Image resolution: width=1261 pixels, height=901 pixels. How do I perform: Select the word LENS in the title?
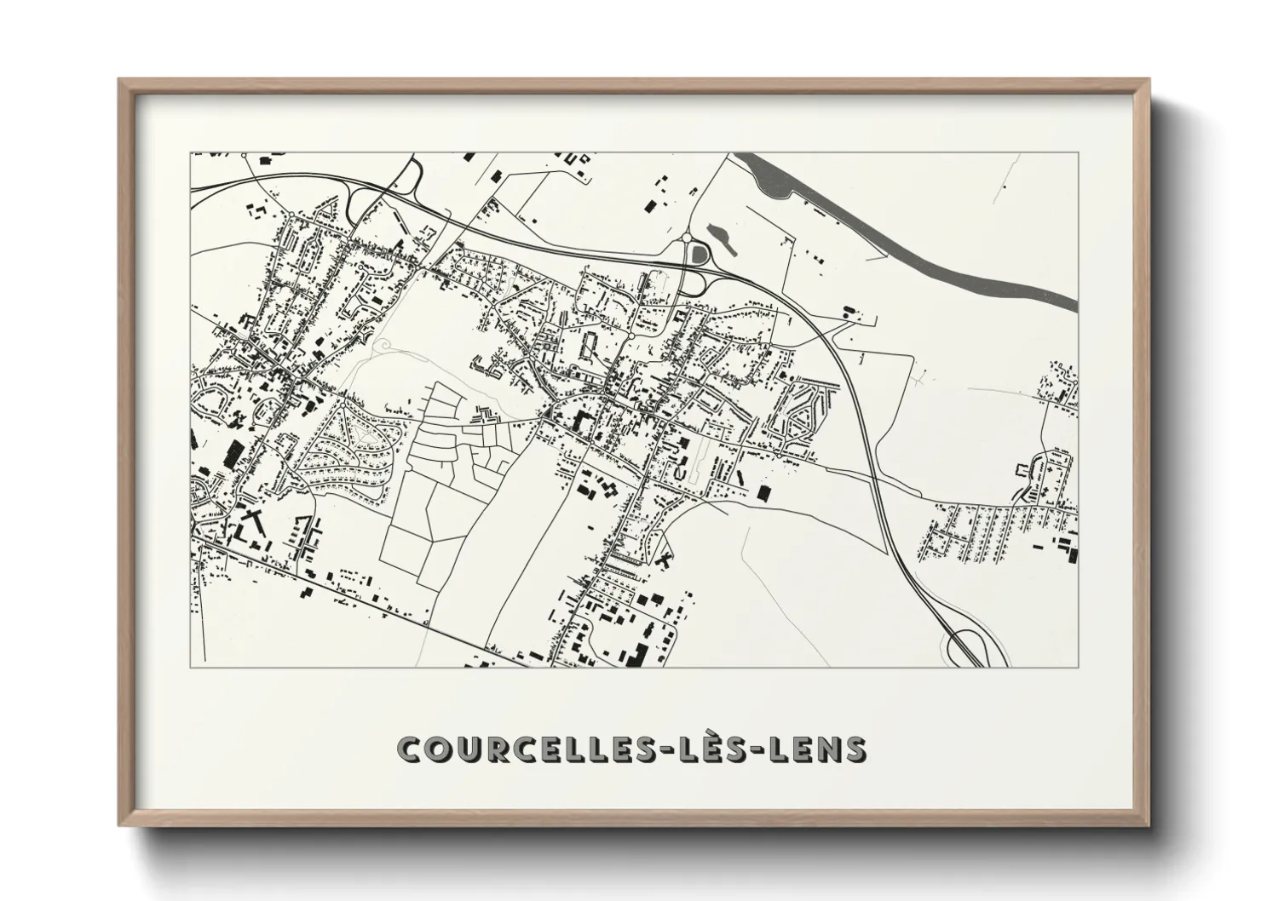coord(818,749)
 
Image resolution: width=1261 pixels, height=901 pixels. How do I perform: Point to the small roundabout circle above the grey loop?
coord(686,238)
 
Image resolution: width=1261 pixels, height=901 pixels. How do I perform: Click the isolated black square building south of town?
coord(763,492)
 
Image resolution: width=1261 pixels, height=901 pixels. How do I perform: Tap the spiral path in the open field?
coord(384,345)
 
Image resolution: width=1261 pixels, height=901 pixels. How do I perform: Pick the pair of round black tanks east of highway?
coord(849,310)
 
